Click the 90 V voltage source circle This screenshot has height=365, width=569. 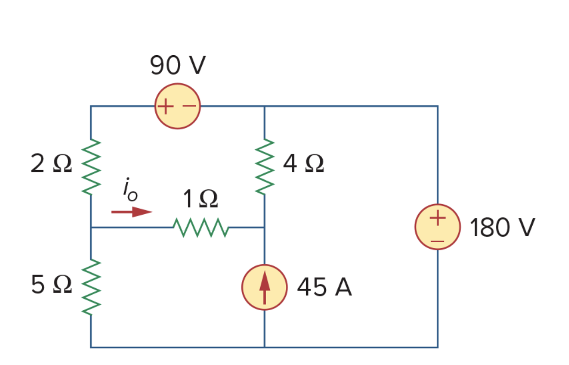point(177,106)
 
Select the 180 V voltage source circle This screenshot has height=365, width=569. point(437,227)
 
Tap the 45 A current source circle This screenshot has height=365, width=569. point(264,287)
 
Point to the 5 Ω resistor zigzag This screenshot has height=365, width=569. point(91,287)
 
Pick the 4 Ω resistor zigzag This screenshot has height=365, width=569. point(264,166)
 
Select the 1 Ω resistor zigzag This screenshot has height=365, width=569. point(201,228)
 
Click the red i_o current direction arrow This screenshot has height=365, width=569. point(131,212)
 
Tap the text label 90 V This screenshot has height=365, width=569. point(177,66)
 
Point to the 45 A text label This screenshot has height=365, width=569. point(324,288)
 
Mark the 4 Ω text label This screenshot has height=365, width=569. point(303,164)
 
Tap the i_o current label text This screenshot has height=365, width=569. point(130,190)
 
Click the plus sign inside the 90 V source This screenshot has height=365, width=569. point(166,107)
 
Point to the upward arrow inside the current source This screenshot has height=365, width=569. point(264,289)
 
